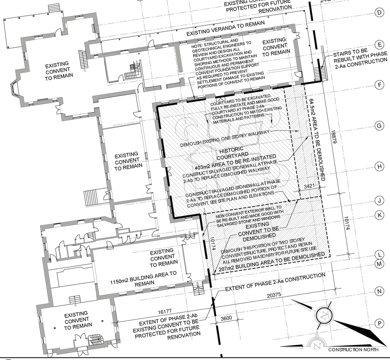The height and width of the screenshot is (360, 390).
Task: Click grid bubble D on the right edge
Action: click(379, 12)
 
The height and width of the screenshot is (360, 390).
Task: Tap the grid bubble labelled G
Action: click(379, 126)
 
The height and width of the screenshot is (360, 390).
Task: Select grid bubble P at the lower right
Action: click(379, 324)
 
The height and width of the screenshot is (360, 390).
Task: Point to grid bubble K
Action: click(379, 215)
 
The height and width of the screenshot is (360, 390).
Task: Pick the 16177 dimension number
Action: click(165, 311)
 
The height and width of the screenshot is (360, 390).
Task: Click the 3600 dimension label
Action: click(226, 318)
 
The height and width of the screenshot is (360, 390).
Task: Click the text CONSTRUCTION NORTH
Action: click(353, 350)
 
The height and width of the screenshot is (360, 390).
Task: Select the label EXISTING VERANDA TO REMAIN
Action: click(225, 28)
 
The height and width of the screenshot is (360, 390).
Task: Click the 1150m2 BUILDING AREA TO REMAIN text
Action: click(143, 278)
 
